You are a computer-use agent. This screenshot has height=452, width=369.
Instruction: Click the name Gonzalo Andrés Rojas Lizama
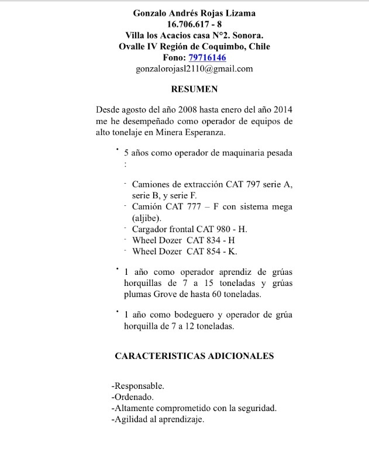[194, 13]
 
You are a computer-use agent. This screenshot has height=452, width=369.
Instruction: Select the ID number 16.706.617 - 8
[194, 24]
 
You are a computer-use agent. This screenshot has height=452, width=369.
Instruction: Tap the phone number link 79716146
[207, 57]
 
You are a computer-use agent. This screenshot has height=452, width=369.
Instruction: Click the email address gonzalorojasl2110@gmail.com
[194, 68]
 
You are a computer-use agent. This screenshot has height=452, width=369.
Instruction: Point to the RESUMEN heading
[194, 89]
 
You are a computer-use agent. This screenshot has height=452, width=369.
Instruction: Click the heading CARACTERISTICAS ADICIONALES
[194, 356]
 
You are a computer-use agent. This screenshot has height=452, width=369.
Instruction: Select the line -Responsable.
[138, 387]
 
